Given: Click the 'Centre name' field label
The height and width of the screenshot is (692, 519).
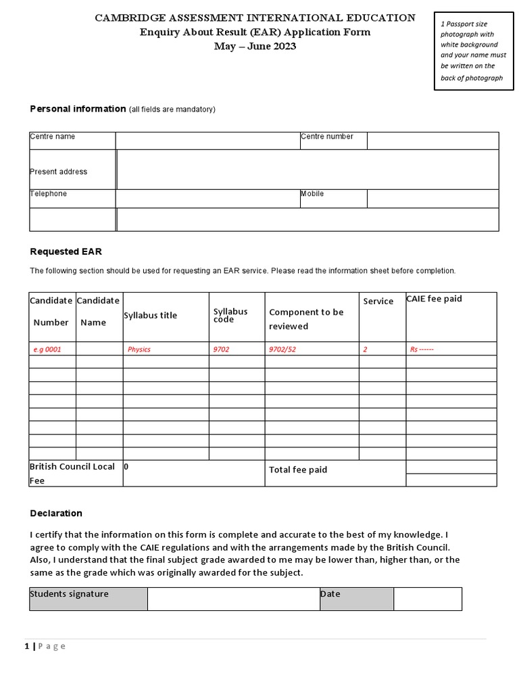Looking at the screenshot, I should click(53, 137).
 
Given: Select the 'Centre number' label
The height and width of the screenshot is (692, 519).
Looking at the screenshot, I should click(327, 137).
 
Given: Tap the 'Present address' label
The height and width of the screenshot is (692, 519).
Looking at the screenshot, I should click(59, 172).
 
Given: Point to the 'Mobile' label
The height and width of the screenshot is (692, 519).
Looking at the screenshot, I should click(312, 194).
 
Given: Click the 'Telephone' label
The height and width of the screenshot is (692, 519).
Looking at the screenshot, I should click(49, 194).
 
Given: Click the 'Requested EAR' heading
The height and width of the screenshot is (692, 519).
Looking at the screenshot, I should click(66, 251).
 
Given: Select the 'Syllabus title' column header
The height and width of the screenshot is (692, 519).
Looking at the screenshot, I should click(150, 316).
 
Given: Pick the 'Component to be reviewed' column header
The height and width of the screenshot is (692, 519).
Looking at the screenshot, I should click(306, 319).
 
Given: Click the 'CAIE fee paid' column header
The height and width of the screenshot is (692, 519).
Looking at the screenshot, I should click(434, 299).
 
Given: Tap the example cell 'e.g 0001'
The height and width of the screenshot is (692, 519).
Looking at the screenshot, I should click(51, 349).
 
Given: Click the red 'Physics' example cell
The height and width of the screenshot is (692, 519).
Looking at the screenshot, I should click(139, 349).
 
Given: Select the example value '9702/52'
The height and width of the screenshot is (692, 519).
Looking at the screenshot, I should click(282, 349).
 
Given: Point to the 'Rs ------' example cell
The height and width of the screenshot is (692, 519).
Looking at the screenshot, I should click(422, 349).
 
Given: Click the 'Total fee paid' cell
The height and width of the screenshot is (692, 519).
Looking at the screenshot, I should click(298, 470).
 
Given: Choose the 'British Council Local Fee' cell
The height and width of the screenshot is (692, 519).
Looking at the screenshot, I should click(72, 473).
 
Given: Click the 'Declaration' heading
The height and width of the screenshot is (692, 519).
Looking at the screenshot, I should click(56, 513).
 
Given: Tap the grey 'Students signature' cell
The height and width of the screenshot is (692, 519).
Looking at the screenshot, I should click(88, 599).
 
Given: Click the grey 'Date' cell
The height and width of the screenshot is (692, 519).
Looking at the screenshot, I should click(356, 599).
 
